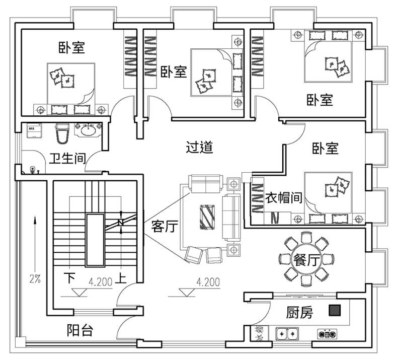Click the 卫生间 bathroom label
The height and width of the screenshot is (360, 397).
tap(67, 159)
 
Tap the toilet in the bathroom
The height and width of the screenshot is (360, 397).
tap(62, 133)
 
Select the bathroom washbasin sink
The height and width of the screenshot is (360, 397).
tap(88, 130)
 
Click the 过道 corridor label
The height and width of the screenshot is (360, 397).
tap(199, 148)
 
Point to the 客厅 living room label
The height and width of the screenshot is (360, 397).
tap(165, 226)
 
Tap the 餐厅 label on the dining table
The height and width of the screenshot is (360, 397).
tap(306, 260)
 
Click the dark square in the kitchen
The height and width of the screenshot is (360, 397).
tap(335, 310)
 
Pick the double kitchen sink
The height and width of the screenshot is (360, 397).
tap(287, 334)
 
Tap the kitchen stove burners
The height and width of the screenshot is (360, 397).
tap(327, 334)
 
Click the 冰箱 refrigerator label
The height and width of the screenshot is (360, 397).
tap(260, 333)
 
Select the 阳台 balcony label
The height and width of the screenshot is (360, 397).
tap(80, 330)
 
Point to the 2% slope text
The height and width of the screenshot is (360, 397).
tap(35, 279)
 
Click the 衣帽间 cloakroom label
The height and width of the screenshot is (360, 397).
tap(284, 197)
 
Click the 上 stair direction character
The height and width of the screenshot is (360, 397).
tap(121, 278)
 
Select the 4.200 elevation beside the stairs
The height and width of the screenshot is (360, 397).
tap(101, 282)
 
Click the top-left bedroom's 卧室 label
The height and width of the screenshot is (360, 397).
tap(71, 47)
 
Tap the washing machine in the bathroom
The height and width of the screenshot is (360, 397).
tap(34, 130)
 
